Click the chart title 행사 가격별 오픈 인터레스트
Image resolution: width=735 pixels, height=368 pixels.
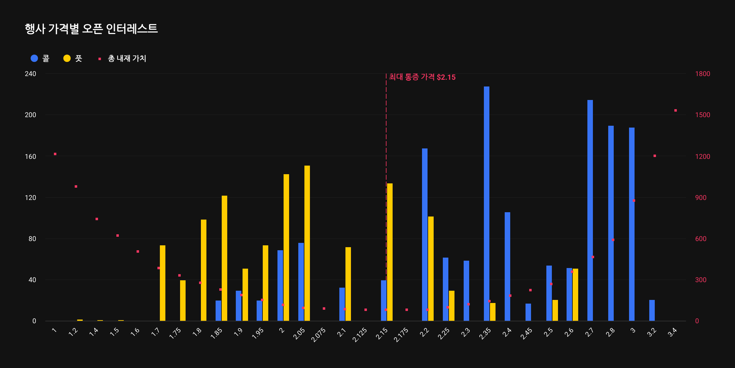tap(91, 29)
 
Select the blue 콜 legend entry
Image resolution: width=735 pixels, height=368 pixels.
tap(40, 58)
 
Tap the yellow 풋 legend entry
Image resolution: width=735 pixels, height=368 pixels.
tap(73, 58)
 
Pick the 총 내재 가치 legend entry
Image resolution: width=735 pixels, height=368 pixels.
tap(123, 58)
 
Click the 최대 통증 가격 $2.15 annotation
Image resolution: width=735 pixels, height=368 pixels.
tap(422, 77)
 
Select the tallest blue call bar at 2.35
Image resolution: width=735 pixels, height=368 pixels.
tap(487, 202)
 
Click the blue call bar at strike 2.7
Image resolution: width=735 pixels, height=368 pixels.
tap(590, 212)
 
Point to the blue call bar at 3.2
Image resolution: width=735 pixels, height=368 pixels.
tap(652, 310)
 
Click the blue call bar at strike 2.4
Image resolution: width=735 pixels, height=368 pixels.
tap(507, 267)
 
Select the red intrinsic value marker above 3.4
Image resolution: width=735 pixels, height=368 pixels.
tap(676, 110)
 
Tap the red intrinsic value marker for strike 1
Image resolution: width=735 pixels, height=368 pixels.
tap(55, 154)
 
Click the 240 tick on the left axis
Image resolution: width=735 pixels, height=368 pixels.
tap(31, 74)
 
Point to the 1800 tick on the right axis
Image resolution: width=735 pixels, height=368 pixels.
tap(703, 74)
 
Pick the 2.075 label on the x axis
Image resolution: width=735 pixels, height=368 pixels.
tap(318, 335)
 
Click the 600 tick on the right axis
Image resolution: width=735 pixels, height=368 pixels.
tap(701, 239)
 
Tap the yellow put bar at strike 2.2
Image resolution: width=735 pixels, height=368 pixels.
tap(431, 268)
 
